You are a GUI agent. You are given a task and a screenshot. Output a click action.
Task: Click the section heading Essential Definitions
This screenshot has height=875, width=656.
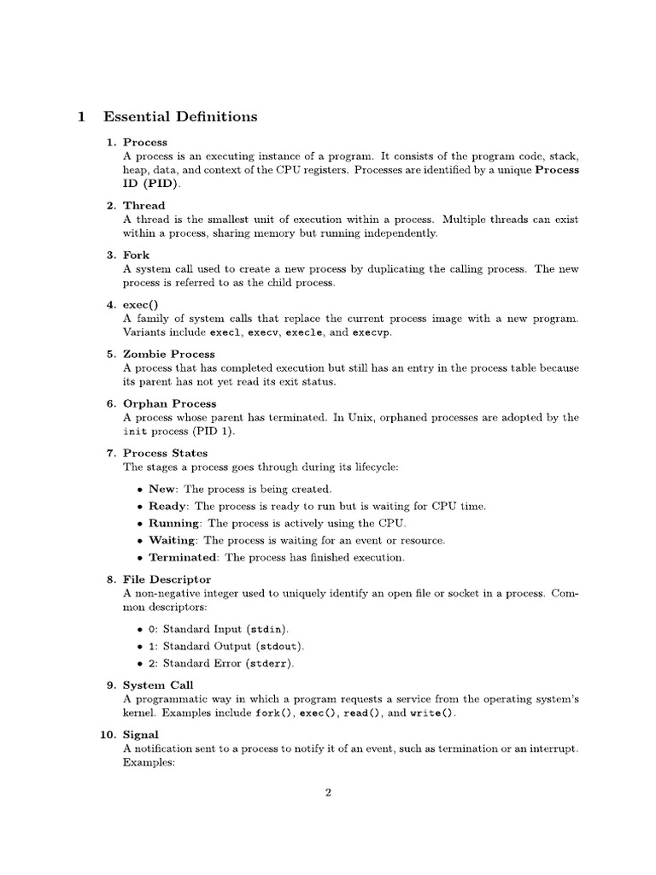tap(179, 116)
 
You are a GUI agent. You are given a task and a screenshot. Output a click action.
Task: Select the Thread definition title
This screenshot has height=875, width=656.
tap(144, 205)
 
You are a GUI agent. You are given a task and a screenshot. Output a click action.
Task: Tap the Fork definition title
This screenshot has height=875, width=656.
tap(136, 255)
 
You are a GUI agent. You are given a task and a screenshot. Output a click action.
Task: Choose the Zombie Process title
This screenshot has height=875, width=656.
tap(169, 354)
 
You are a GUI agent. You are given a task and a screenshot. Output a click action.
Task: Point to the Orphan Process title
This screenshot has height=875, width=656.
tap(170, 403)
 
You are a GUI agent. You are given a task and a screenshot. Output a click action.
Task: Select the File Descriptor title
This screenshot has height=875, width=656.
tap(167, 579)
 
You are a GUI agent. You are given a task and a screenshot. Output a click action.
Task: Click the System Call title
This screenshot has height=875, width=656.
tap(158, 685)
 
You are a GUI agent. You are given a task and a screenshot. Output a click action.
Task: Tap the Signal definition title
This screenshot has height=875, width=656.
tap(141, 735)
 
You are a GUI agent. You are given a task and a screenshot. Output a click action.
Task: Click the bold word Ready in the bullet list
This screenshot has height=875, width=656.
tap(167, 506)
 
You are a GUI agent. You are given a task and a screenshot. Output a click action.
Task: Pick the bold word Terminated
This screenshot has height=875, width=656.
tap(183, 557)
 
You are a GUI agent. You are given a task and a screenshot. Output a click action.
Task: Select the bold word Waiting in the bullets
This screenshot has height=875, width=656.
tap(173, 540)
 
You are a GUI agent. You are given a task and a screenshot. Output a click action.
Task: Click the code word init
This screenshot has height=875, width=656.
tap(136, 432)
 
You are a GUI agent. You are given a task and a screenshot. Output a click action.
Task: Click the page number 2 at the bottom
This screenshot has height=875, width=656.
tap(328, 793)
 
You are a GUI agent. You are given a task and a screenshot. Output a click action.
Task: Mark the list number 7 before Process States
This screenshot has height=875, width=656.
tap(110, 453)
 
